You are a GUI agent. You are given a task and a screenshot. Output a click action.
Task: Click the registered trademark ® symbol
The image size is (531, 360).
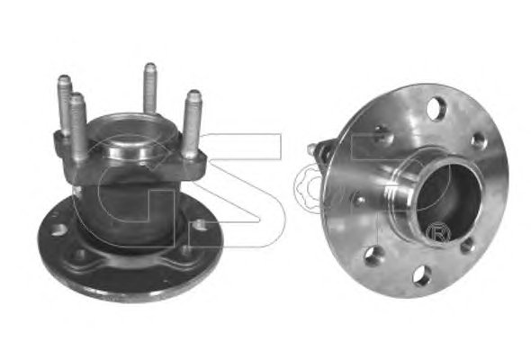[x=438, y=233]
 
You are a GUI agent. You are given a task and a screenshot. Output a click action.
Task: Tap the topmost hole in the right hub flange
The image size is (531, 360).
[x=436, y=108]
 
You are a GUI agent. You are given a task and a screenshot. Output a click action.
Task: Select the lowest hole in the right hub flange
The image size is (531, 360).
[x=421, y=275]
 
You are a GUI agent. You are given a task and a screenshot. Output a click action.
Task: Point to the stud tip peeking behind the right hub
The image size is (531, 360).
[x=311, y=148]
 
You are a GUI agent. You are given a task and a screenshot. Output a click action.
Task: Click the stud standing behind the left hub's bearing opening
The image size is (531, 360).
[x=149, y=89]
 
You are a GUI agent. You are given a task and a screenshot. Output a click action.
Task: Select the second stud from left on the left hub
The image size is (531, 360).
[x=78, y=126]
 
